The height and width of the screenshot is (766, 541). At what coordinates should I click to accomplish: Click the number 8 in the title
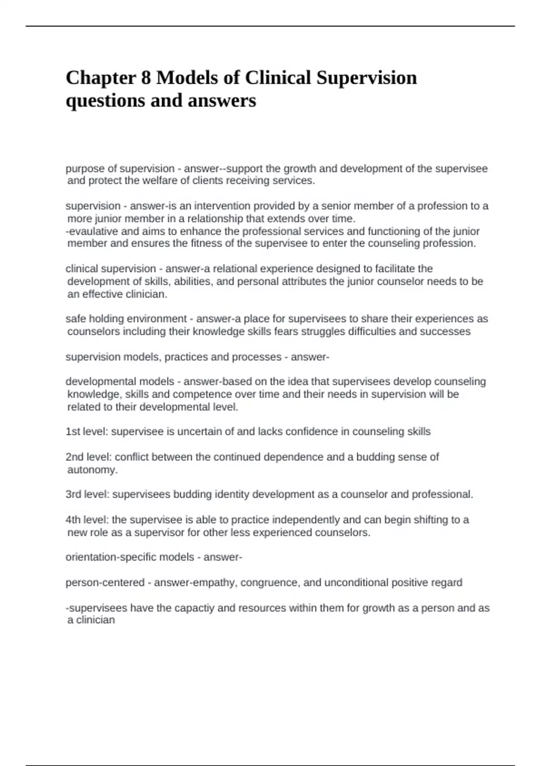point(146,78)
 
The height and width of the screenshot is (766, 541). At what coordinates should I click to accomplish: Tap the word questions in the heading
point(105,100)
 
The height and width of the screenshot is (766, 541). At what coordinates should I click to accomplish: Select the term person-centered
point(105,583)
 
